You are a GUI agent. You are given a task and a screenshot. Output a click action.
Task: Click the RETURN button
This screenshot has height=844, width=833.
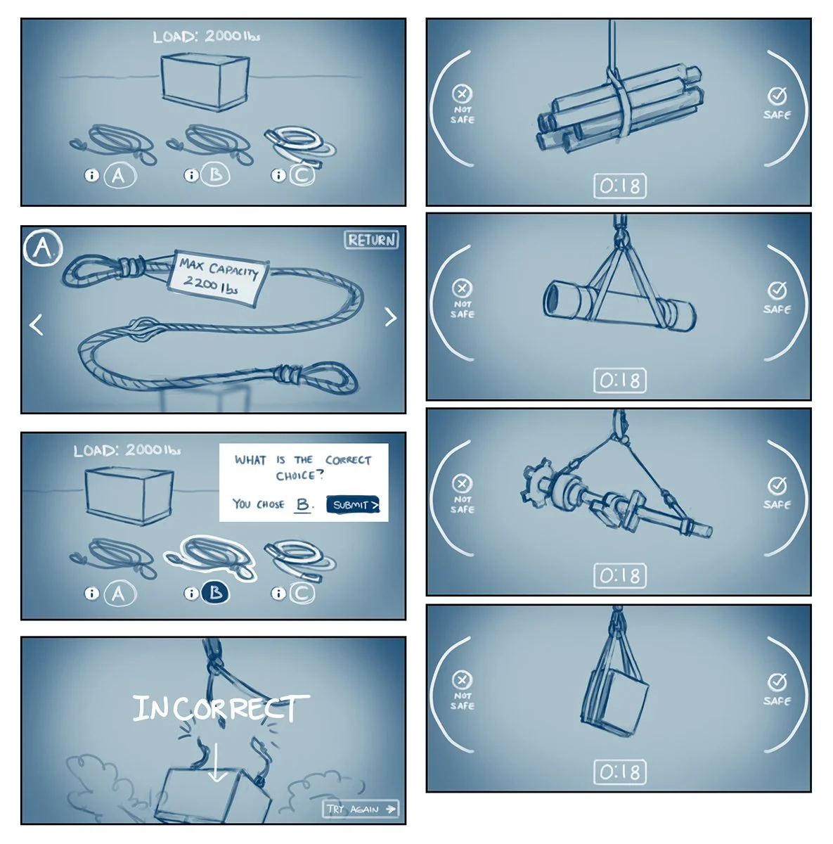point(371,240)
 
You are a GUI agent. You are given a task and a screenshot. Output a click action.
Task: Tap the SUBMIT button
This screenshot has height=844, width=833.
point(353,504)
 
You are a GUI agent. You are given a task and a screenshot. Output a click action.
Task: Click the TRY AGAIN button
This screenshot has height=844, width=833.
point(361,809)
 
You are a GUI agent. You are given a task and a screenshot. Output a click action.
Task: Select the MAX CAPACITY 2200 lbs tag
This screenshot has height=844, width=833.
point(218,278)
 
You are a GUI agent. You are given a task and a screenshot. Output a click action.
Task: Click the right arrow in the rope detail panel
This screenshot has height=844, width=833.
point(391,317)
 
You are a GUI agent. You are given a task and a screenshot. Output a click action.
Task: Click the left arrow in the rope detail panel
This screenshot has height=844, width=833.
point(36,324)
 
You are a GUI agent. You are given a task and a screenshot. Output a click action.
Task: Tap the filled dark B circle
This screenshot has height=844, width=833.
point(215,593)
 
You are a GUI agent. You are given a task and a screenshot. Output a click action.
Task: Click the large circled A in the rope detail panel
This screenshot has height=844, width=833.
point(42,248)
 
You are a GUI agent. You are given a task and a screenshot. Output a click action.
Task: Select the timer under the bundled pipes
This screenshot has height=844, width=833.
point(620,186)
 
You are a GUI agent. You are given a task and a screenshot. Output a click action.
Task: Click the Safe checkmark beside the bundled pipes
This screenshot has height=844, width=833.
point(777,96)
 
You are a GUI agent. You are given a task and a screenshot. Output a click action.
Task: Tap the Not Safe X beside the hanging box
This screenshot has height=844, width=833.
point(462,679)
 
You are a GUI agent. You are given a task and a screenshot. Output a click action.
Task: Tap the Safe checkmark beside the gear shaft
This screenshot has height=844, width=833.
point(777,485)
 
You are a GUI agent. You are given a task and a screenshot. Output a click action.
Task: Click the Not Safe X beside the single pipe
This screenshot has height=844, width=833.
point(462,288)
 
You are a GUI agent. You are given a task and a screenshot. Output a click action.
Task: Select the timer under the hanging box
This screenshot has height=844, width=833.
point(620,772)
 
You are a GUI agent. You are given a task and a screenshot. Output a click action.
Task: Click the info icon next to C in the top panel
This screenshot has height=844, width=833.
point(278,176)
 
